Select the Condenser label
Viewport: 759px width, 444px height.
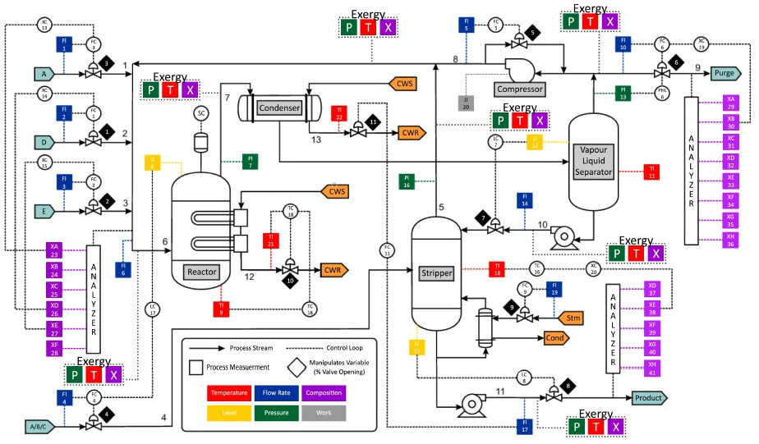[279, 108]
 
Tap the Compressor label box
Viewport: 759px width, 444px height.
[519, 86]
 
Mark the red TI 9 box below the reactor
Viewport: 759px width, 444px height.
[221, 307]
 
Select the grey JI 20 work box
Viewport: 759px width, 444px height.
[466, 103]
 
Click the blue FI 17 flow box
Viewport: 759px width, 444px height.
[522, 425]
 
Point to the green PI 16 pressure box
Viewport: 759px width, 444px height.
[406, 182]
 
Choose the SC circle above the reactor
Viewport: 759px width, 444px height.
[200, 112]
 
